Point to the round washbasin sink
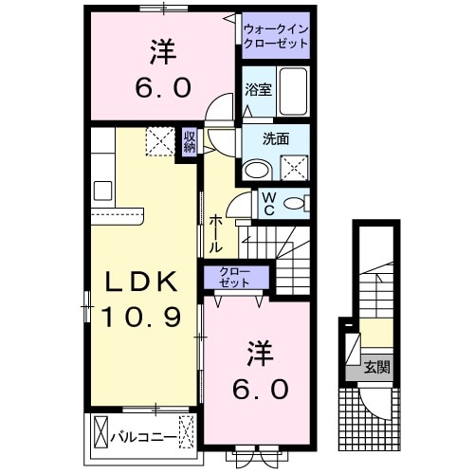[256, 169]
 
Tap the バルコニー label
[143, 438]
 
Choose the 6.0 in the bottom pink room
[260, 389]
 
